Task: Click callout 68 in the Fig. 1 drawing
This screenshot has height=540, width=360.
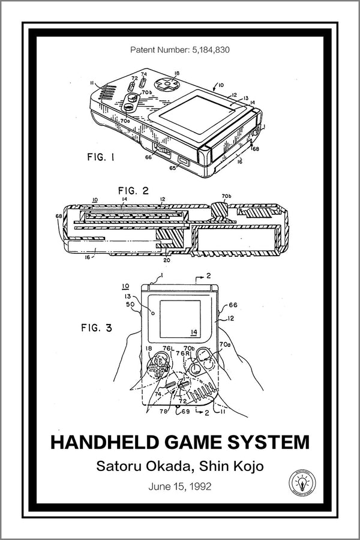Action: (255, 148)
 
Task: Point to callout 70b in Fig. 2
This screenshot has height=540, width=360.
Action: (227, 196)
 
